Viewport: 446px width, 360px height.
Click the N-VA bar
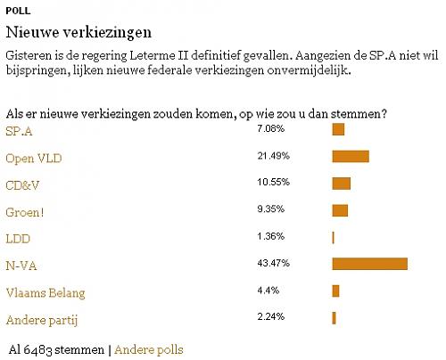(x=369, y=264)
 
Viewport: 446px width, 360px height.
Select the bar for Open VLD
(x=350, y=158)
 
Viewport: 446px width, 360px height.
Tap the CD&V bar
(x=341, y=184)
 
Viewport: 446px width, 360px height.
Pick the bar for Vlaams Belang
(x=335, y=290)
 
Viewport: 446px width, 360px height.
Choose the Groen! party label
(x=25, y=211)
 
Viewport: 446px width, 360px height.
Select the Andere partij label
(x=37, y=318)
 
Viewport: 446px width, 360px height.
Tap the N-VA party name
(x=21, y=265)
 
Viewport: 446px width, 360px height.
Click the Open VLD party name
(x=34, y=159)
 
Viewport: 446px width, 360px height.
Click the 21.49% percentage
(x=271, y=157)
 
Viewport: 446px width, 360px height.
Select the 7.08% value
(x=268, y=130)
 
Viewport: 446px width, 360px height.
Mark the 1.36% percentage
(x=268, y=236)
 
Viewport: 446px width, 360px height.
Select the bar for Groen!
(x=340, y=210)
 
